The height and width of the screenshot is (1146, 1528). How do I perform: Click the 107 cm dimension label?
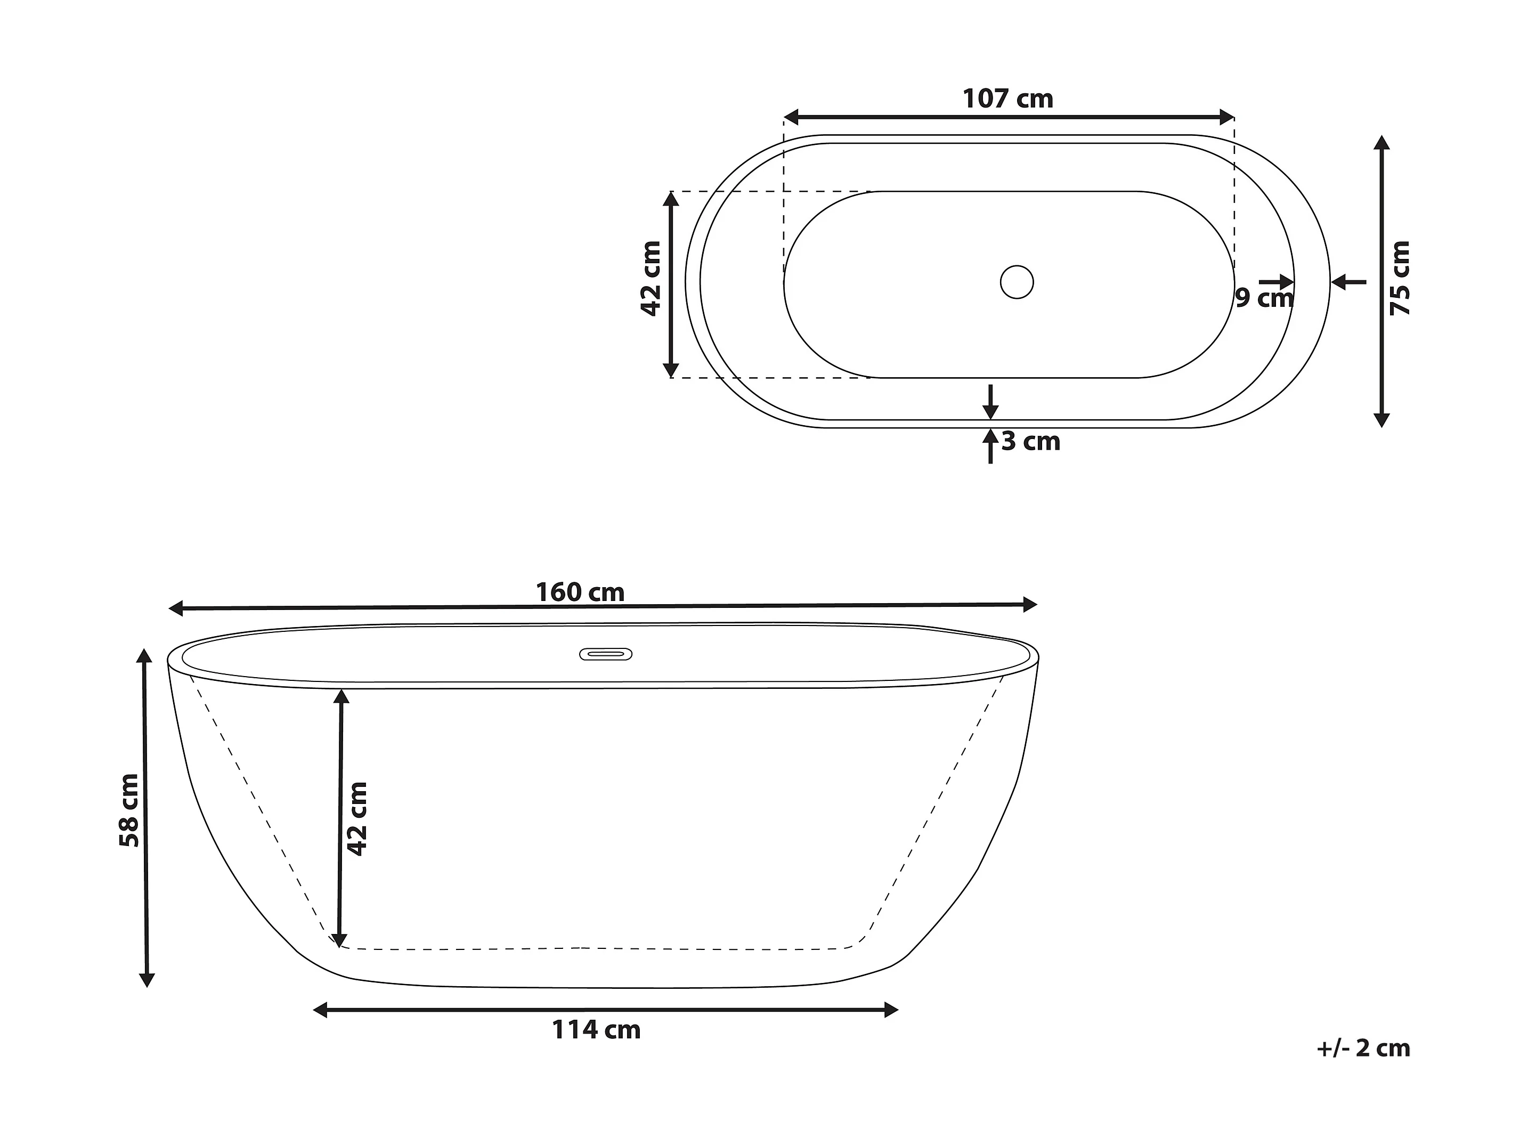point(1008,99)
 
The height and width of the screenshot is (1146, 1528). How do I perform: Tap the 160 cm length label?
point(580,592)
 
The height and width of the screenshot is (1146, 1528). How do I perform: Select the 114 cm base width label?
point(596,1030)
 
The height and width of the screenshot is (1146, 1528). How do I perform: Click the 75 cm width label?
point(1400,279)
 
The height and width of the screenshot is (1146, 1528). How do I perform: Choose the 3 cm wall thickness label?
point(1030,442)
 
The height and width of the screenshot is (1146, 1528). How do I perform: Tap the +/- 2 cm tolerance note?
point(1363,1049)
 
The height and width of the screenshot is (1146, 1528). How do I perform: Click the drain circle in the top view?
point(1017,282)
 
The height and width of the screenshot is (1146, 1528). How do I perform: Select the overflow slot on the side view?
point(606,654)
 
